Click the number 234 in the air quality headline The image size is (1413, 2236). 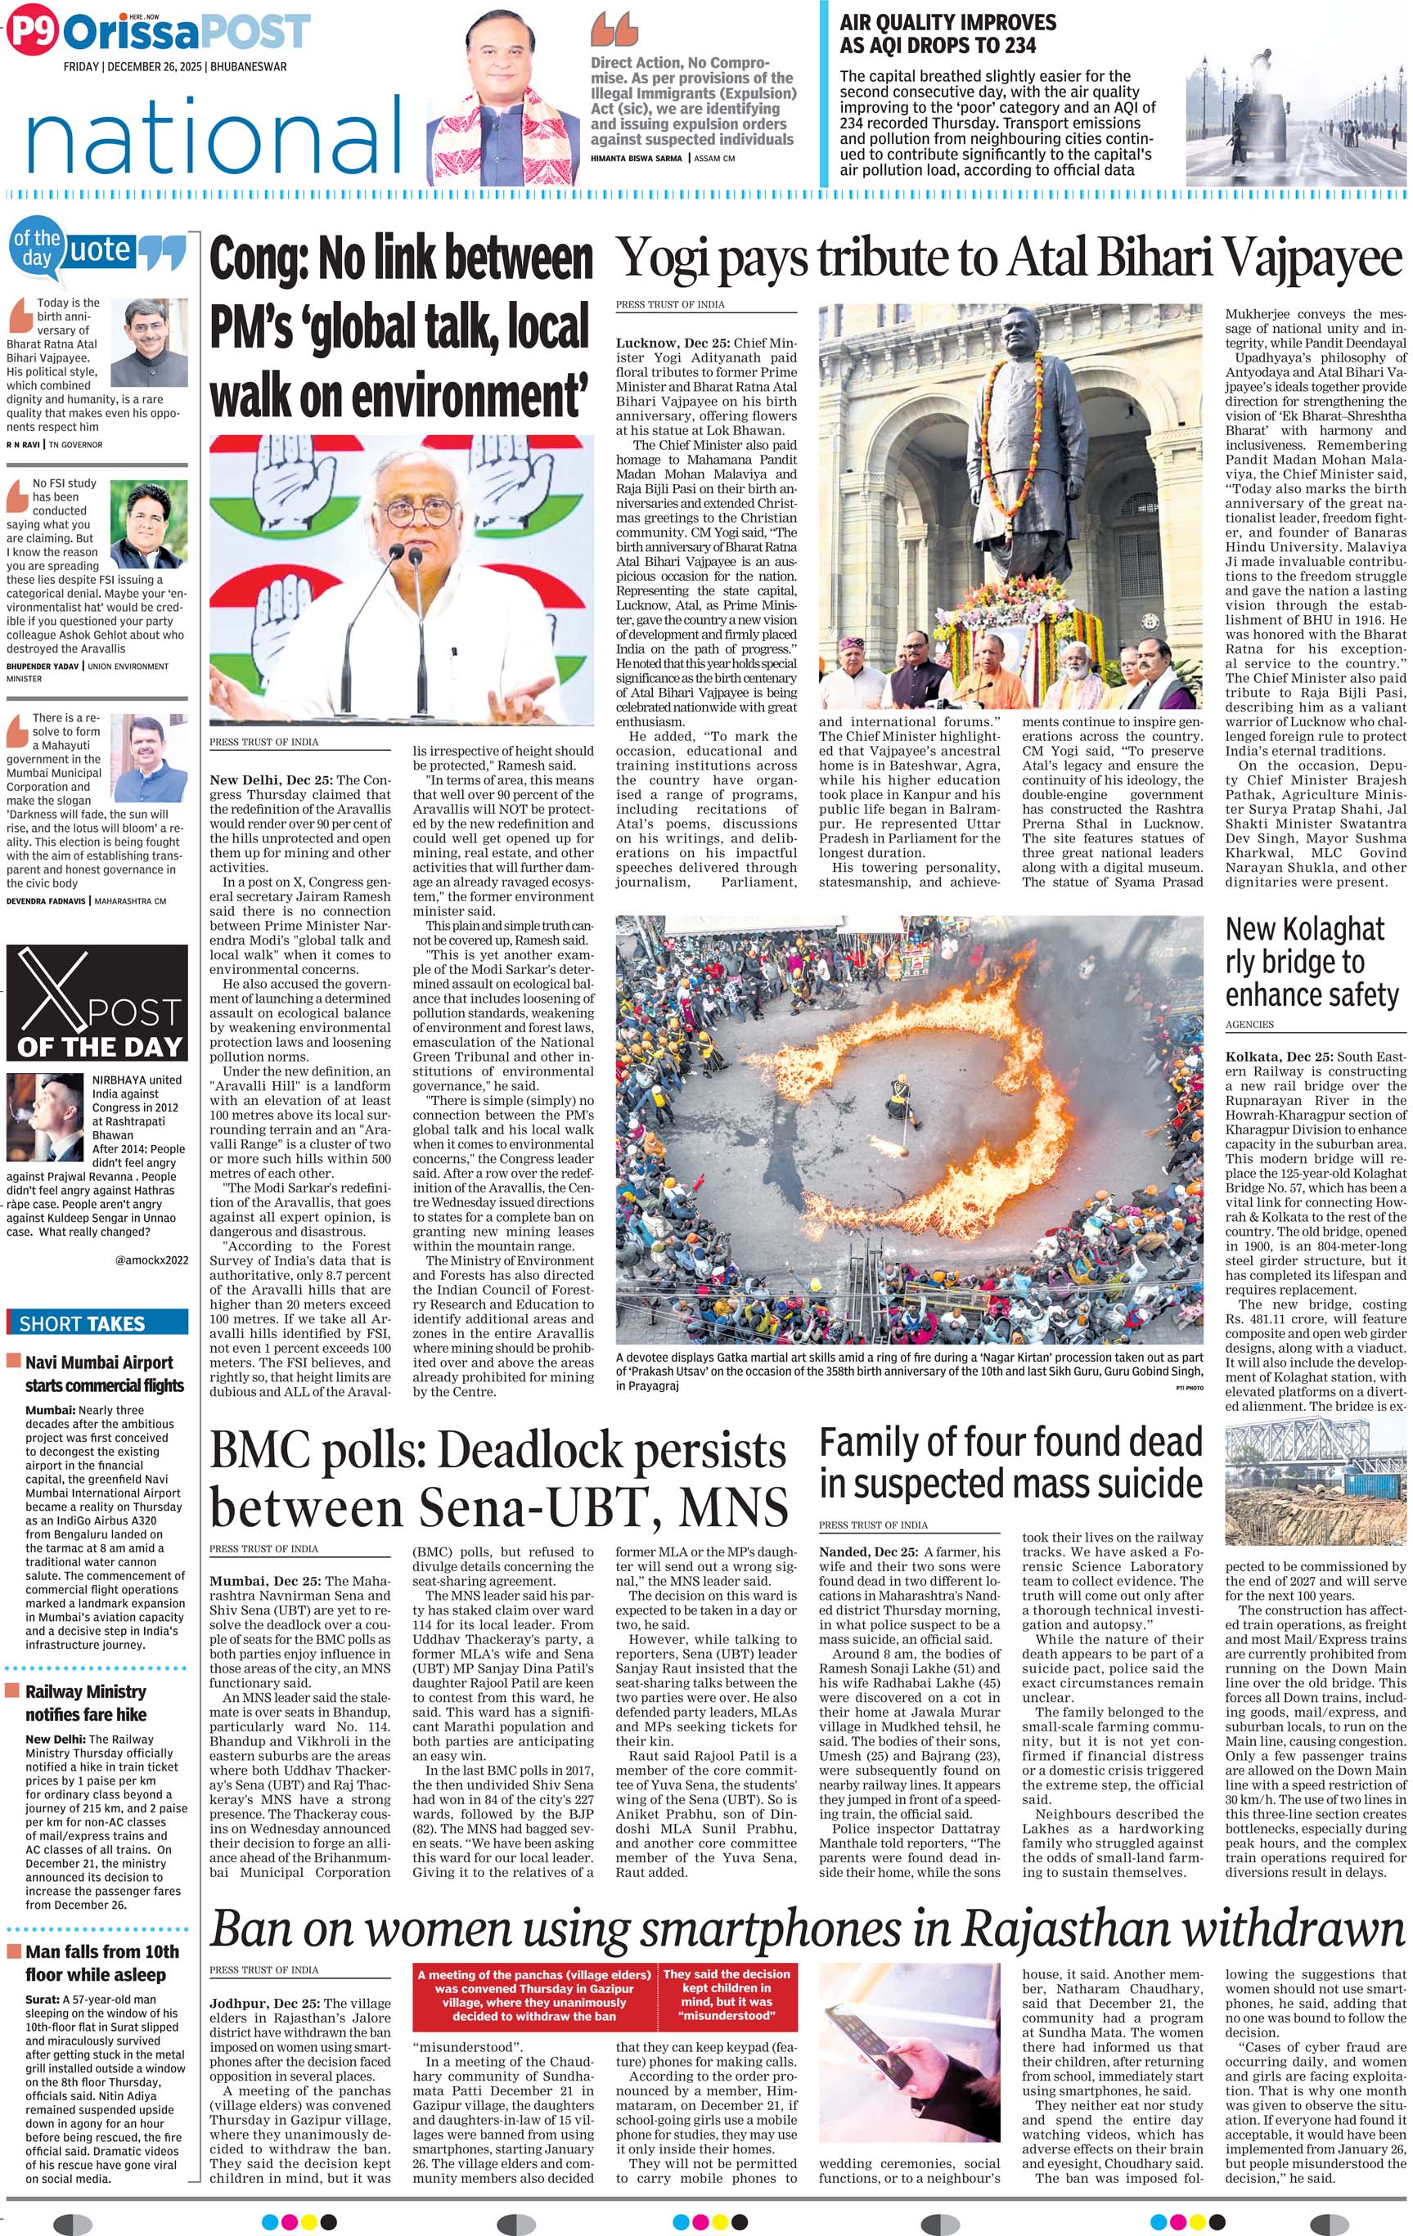tap(1013, 44)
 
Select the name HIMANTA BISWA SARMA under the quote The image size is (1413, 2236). tap(637, 159)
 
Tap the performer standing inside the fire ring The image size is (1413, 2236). tap(899, 1097)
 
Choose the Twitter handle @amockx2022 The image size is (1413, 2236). tap(151, 1260)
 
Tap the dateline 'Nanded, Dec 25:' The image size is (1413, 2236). tap(867, 1551)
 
